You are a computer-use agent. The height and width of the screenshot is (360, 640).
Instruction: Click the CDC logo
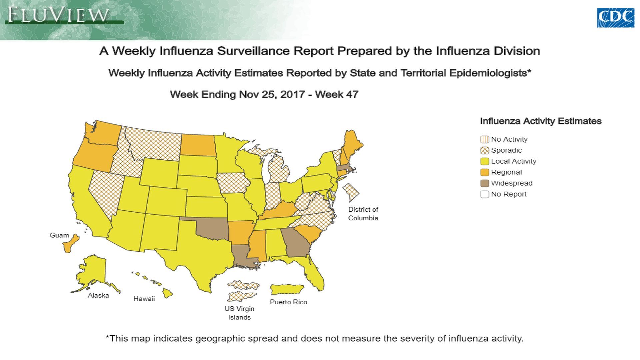tap(615, 18)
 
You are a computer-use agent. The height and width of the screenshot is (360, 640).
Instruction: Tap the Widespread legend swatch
tap(484, 183)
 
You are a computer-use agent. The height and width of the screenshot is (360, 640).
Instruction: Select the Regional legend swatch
tap(484, 172)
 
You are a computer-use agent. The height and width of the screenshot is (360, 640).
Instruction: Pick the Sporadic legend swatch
tap(484, 150)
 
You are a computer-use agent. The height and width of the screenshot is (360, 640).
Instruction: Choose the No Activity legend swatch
tap(484, 139)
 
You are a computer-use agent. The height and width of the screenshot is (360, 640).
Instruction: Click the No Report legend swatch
tap(484, 194)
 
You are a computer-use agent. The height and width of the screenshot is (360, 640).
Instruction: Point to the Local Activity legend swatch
tap(484, 161)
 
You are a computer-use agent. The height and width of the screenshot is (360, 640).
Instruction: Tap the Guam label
tap(59, 235)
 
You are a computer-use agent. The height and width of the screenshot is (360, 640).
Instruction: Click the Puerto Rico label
tap(288, 302)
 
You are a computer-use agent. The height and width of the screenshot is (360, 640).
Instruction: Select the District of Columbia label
tap(363, 214)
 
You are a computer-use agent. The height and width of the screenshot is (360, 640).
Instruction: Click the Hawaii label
tap(144, 299)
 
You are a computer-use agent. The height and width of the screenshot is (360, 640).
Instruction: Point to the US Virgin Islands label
tap(239, 313)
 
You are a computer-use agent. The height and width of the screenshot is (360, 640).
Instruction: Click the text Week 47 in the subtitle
tap(336, 94)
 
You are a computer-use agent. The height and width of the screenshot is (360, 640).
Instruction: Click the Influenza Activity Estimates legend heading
tap(540, 121)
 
